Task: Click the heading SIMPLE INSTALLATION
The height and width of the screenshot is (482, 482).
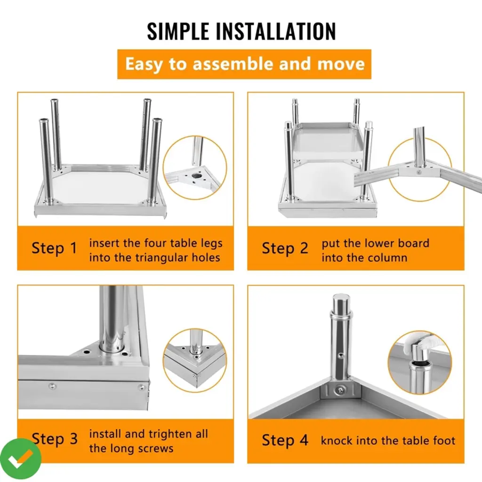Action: pyautogui.click(x=241, y=31)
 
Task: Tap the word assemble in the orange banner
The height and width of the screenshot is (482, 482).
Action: pyautogui.click(x=233, y=64)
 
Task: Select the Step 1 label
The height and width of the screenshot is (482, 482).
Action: pyautogui.click(x=55, y=249)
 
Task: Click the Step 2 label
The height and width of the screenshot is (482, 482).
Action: pyautogui.click(x=285, y=249)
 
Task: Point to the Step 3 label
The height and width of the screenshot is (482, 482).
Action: pyautogui.click(x=55, y=439)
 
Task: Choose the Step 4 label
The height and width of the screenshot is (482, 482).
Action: pyautogui.click(x=285, y=440)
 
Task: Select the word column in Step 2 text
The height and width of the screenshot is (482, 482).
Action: pyautogui.click(x=388, y=257)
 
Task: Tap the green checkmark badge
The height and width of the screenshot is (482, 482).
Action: pyautogui.click(x=21, y=459)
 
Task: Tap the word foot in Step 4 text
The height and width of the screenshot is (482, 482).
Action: pyautogui.click(x=444, y=441)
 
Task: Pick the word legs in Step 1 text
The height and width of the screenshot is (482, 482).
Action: pyautogui.click(x=211, y=244)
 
